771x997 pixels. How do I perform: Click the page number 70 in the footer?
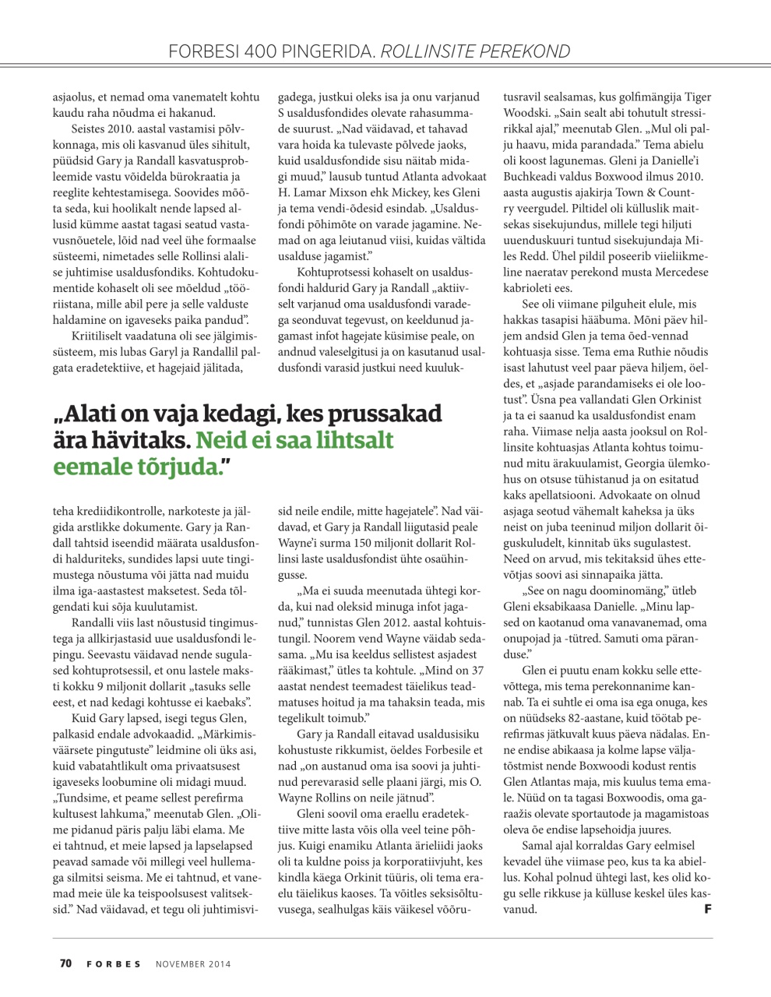[x=65, y=964]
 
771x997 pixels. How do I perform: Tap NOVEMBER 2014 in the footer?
[x=193, y=964]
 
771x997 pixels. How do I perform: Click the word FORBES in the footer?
[x=114, y=964]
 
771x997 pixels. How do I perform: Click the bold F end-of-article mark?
[x=708, y=908]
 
